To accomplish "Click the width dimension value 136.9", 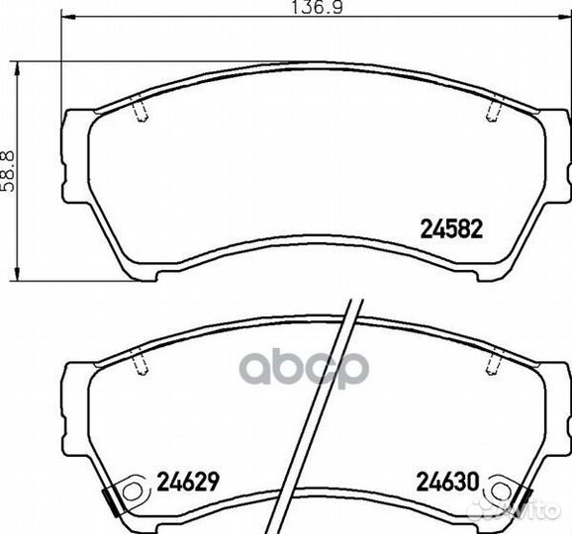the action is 317,7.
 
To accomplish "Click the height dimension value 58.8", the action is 8,171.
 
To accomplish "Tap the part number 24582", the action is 451,228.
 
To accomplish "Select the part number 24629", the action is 188,482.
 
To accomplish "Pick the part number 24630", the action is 447,482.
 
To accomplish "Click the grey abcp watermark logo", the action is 304,367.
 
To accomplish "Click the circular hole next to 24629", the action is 131,491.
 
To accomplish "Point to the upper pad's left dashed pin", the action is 142,111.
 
